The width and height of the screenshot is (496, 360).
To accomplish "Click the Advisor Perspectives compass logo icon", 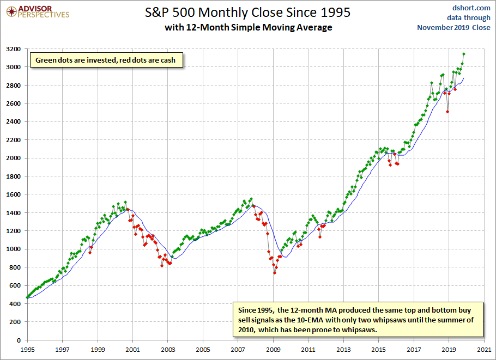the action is click(x=11, y=12).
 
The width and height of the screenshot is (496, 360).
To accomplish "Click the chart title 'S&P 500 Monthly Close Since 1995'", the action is click(x=247, y=13).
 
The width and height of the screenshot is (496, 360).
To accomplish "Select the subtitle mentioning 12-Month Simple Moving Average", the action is click(x=249, y=27).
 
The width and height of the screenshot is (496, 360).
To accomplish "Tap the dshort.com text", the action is click(x=471, y=8).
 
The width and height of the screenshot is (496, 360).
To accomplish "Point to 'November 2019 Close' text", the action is click(x=453, y=27).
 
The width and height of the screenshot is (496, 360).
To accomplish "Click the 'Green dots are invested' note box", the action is click(x=106, y=60).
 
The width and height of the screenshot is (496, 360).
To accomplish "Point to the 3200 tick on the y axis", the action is click(x=13, y=49).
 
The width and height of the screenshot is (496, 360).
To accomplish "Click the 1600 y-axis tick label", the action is click(x=13, y=194).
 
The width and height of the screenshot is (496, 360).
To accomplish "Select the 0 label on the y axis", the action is click(x=19, y=340).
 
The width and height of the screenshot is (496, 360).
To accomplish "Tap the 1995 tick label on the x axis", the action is click(x=27, y=350).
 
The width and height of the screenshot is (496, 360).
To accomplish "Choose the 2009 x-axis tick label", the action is click(x=273, y=350).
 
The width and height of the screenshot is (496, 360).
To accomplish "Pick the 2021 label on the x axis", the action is click(x=484, y=350).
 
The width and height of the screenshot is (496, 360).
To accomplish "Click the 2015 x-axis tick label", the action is click(x=379, y=350).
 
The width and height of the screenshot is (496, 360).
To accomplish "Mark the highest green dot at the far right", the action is click(x=464, y=54).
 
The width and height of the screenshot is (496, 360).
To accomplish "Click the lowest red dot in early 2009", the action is click(x=275, y=273).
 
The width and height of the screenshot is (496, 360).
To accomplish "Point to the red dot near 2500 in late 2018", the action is click(x=447, y=112).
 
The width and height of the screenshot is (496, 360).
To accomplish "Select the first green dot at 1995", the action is click(x=27, y=297).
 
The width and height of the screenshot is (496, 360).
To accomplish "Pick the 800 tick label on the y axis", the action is click(x=15, y=267).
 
